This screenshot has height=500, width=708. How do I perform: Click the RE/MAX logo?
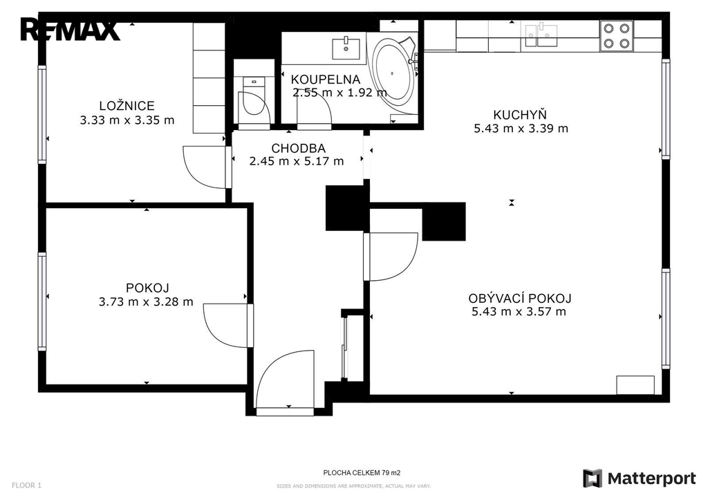(70, 29)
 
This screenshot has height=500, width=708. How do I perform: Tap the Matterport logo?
(640, 479)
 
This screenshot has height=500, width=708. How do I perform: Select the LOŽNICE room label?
(127, 106)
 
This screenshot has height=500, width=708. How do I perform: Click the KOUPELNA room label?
(326, 80)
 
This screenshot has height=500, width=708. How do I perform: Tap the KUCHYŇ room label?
(520, 114)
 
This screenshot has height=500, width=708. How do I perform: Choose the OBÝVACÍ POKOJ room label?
(520, 298)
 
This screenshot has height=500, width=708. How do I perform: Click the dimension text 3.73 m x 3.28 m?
(146, 302)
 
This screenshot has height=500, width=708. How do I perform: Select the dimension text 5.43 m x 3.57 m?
(519, 311)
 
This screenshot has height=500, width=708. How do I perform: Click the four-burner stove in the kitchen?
(616, 36)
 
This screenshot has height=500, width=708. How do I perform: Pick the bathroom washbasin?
(346, 49)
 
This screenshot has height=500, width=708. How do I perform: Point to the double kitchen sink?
(541, 35)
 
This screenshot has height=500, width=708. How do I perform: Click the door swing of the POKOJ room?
(226, 325)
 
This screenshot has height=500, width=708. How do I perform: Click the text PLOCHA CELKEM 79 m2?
(362, 473)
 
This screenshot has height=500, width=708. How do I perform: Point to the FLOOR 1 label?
(27, 485)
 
